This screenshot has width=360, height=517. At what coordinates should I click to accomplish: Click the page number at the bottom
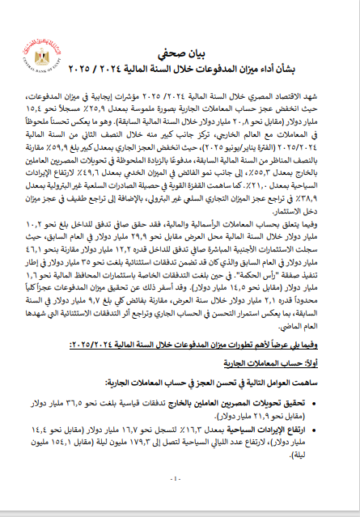click(180, 480)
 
